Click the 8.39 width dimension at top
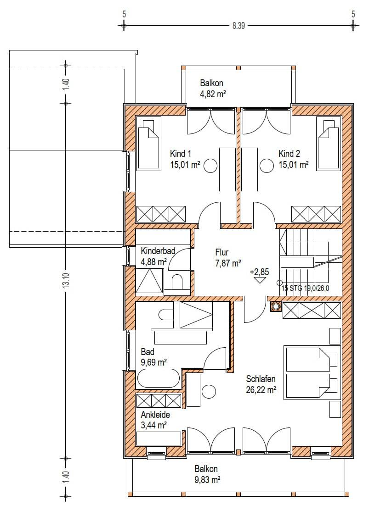(x=238, y=26)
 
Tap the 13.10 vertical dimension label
(x=66, y=281)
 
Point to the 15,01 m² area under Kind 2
(x=294, y=165)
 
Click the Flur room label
(x=222, y=252)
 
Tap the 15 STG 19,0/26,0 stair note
(x=305, y=288)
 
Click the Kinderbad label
(x=158, y=250)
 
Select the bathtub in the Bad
(x=159, y=378)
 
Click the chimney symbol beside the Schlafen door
(x=276, y=306)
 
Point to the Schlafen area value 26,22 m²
(x=261, y=390)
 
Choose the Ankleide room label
(x=155, y=415)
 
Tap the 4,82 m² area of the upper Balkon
(x=212, y=94)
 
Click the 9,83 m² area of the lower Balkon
(x=207, y=480)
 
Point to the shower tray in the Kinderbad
(x=149, y=281)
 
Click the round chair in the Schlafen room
(x=209, y=392)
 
